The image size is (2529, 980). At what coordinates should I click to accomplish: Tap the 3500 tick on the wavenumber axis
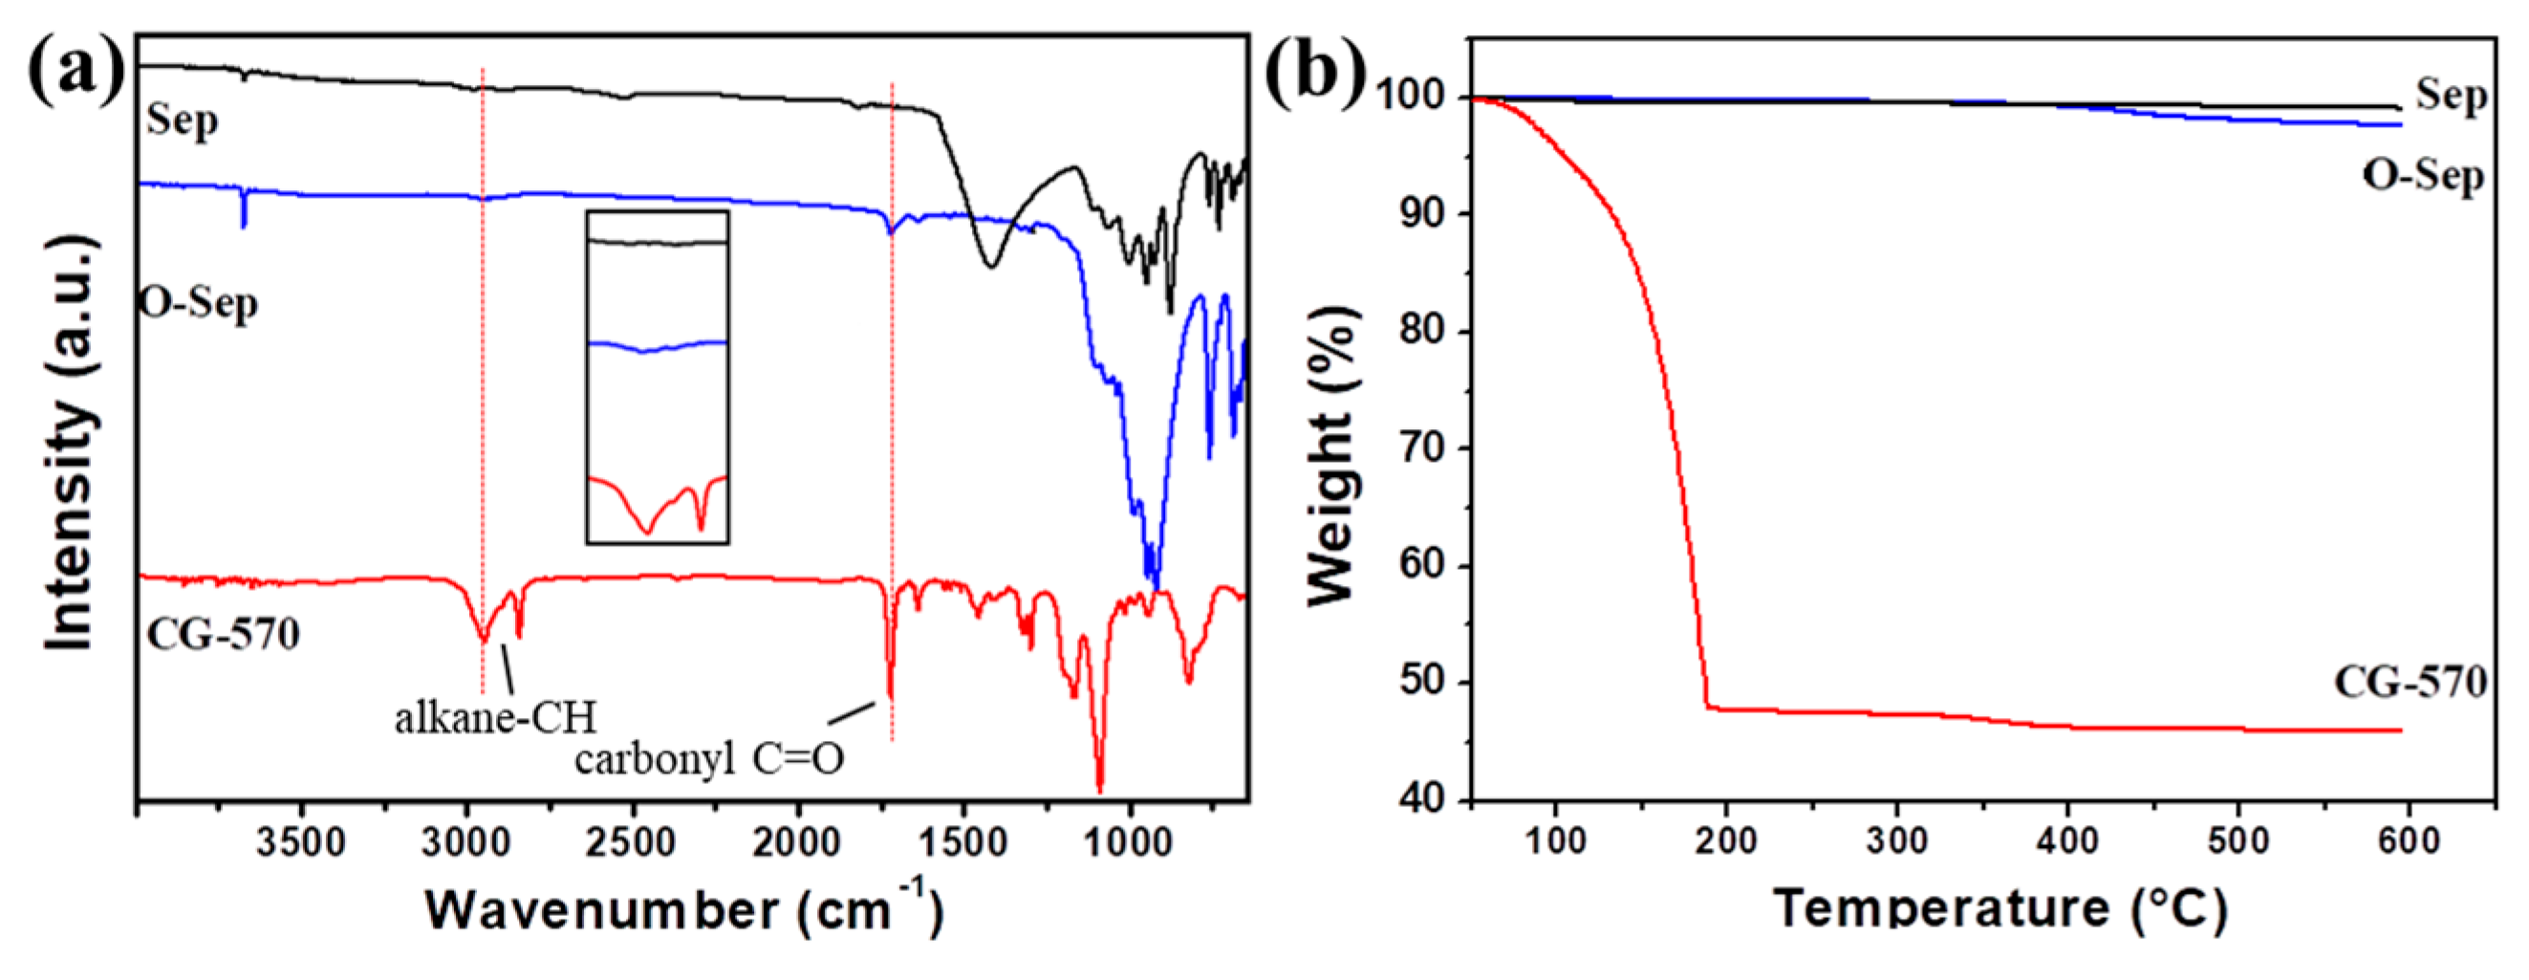(x=300, y=842)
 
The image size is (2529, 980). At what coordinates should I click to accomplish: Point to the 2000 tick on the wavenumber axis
(x=797, y=842)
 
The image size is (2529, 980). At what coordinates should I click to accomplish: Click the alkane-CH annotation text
(x=496, y=718)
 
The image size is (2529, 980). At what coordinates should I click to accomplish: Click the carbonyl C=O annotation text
(x=709, y=759)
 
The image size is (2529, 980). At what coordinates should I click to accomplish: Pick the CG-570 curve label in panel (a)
(x=223, y=633)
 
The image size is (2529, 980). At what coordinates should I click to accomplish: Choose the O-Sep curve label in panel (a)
(x=200, y=302)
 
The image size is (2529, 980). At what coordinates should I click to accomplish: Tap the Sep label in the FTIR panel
(x=183, y=120)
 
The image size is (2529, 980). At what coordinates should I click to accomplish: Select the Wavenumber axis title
(x=684, y=908)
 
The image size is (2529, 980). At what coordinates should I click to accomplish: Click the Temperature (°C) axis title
(x=1999, y=908)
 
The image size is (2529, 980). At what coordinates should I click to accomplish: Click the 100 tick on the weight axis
(x=1414, y=97)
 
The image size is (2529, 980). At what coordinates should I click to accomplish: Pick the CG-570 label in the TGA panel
(x=2410, y=683)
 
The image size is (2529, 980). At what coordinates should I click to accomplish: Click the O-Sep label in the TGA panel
(x=2423, y=176)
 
